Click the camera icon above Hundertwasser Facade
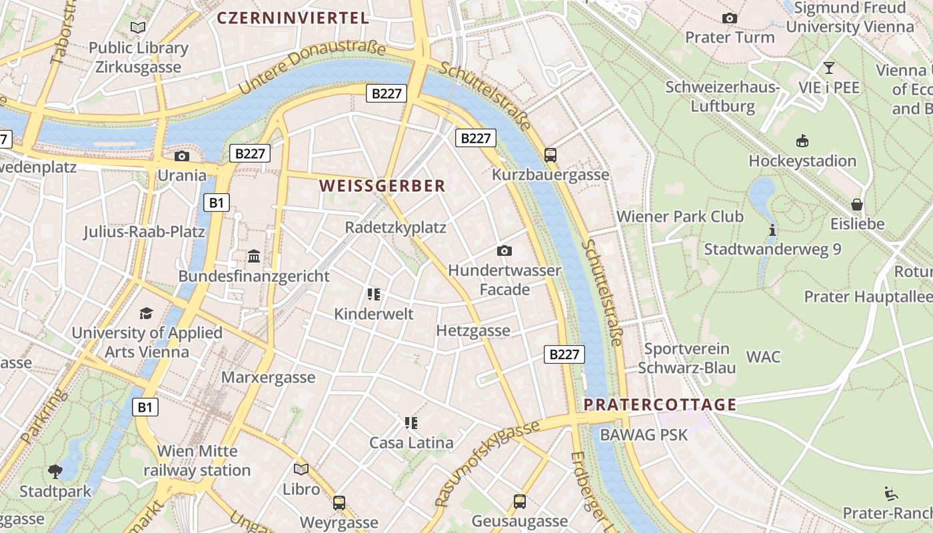point(504,251)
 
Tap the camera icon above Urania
point(181,156)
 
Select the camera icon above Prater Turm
point(730,18)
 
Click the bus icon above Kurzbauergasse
point(550,155)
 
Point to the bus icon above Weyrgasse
point(339,502)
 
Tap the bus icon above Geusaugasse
point(520,501)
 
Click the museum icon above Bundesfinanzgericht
point(254,256)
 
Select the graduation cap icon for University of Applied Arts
point(146,313)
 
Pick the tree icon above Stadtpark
point(55,472)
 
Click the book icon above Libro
point(301,469)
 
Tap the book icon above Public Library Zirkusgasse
point(138,28)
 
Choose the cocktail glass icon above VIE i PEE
point(828,67)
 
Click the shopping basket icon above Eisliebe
point(857,204)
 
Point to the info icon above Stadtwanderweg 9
point(772,230)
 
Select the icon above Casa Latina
point(411,422)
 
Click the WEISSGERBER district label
point(382,186)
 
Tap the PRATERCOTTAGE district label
point(660,404)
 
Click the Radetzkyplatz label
point(395,227)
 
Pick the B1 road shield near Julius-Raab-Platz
point(216,203)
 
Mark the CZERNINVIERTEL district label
point(293,18)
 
